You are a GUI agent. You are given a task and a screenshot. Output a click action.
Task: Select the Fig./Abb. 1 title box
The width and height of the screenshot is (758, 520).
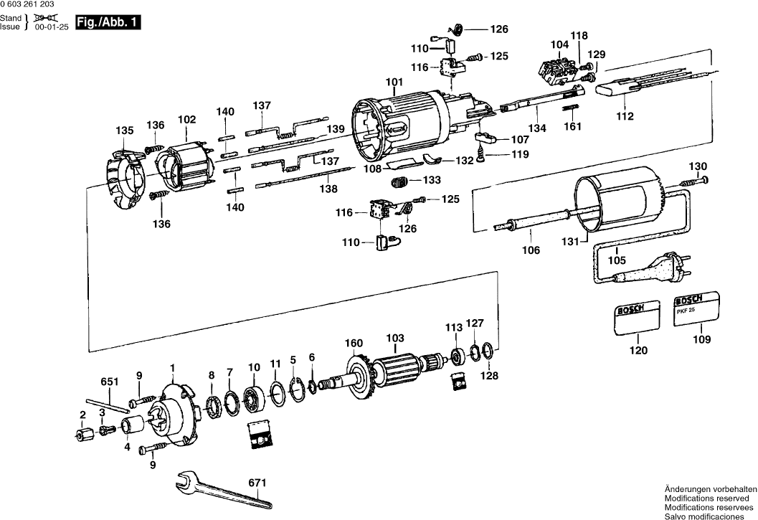coord(107,23)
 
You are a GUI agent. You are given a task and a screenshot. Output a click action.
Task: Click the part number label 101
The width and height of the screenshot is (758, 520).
coord(395,82)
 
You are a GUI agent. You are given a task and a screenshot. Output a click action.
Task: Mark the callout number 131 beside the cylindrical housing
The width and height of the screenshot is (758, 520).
coord(570,242)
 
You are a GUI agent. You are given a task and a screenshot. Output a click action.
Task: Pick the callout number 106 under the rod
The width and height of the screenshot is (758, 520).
coord(531,250)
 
